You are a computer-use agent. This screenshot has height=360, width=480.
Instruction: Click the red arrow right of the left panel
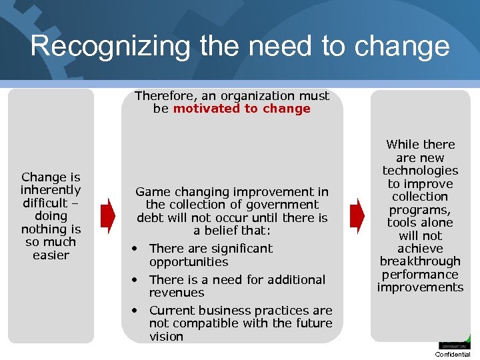click(x=107, y=215)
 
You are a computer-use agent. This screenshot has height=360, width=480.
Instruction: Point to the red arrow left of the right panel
click(x=357, y=215)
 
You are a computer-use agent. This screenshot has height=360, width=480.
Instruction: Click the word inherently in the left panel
click(x=51, y=190)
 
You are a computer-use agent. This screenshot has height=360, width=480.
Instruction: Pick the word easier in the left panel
click(x=51, y=255)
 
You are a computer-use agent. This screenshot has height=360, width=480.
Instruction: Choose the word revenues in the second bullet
click(x=177, y=293)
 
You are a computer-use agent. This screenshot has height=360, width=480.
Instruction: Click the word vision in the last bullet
click(x=166, y=337)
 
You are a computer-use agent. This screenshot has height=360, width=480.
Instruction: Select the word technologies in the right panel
click(x=420, y=171)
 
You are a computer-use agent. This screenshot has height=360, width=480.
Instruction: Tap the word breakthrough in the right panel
click(x=420, y=261)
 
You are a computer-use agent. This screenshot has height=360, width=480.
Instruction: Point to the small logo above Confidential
click(x=454, y=342)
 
